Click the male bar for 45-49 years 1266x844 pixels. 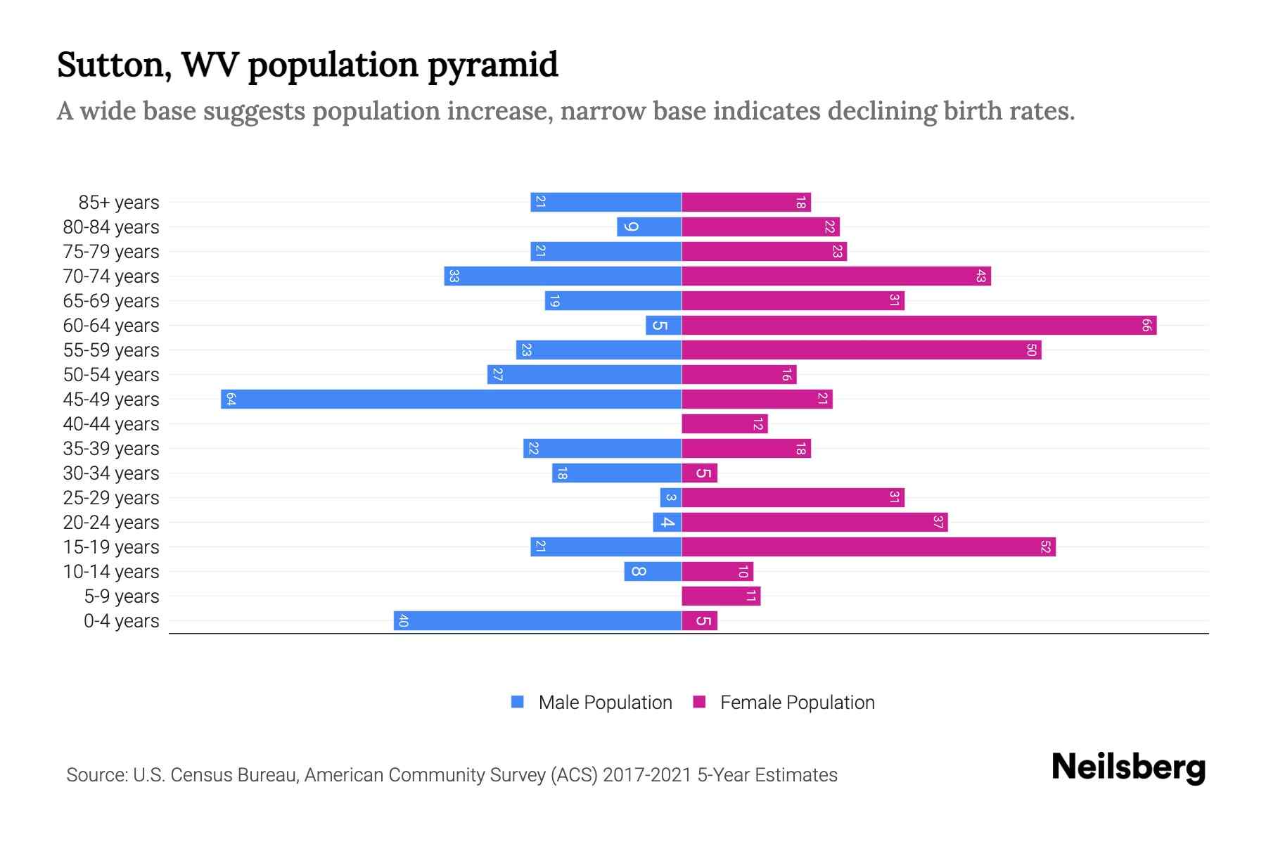[x=451, y=399]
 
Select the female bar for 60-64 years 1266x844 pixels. [x=919, y=326]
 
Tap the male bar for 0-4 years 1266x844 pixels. [x=537, y=621]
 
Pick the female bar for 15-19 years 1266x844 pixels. [x=869, y=547]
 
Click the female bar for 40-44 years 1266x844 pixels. [x=724, y=424]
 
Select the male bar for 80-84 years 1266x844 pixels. [x=649, y=227]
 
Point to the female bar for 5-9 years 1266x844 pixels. [x=721, y=596]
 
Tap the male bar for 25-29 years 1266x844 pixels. [x=670, y=498]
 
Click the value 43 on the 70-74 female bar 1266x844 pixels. [x=980, y=276]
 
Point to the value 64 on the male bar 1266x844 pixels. [x=231, y=399]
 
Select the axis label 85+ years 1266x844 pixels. [x=119, y=203]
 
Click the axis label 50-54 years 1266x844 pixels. [x=111, y=375]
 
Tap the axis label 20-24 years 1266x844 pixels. [x=111, y=523]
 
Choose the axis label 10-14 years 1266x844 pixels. [x=111, y=572]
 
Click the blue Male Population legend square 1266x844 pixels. [x=518, y=702]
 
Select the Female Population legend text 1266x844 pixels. [x=797, y=703]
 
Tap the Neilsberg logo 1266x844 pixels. [x=1128, y=767]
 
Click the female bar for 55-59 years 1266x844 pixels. [x=861, y=350]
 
